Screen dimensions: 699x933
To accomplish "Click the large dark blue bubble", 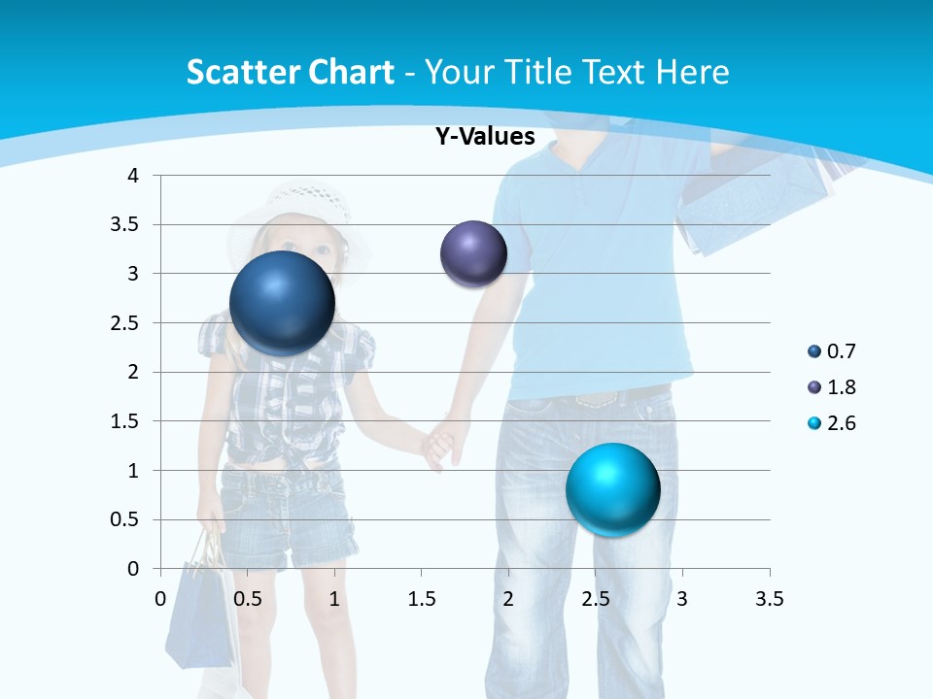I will point(282,303).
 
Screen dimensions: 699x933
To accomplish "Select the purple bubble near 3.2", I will point(473,253).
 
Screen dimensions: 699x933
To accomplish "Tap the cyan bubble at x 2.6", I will point(612,488).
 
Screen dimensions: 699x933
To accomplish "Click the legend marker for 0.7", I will point(813,351).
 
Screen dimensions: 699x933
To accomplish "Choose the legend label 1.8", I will point(841,387).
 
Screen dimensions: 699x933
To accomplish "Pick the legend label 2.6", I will point(841,423).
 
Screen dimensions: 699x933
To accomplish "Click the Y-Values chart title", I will point(484,137).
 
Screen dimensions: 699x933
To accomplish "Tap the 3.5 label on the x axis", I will point(769,599).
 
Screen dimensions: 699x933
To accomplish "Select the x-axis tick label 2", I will point(508,599).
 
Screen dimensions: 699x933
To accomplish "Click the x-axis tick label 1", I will point(334,599).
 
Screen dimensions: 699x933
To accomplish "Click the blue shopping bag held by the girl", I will point(198,612).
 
